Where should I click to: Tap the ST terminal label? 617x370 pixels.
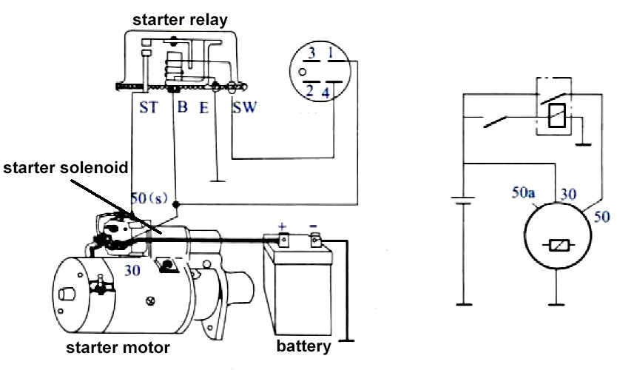pos(148,108)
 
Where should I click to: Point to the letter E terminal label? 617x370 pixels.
pos(203,108)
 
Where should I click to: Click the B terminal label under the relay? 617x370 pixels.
pos(182,108)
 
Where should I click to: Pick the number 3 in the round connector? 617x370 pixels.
pos(313,53)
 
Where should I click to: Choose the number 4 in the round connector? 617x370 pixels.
pos(328,92)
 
